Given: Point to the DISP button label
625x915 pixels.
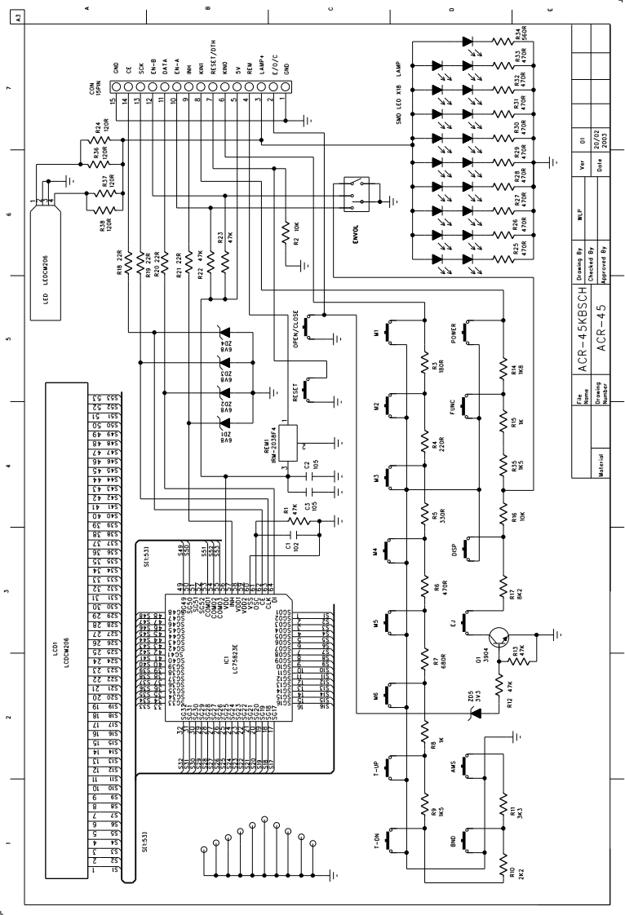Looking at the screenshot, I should [x=452, y=553].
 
